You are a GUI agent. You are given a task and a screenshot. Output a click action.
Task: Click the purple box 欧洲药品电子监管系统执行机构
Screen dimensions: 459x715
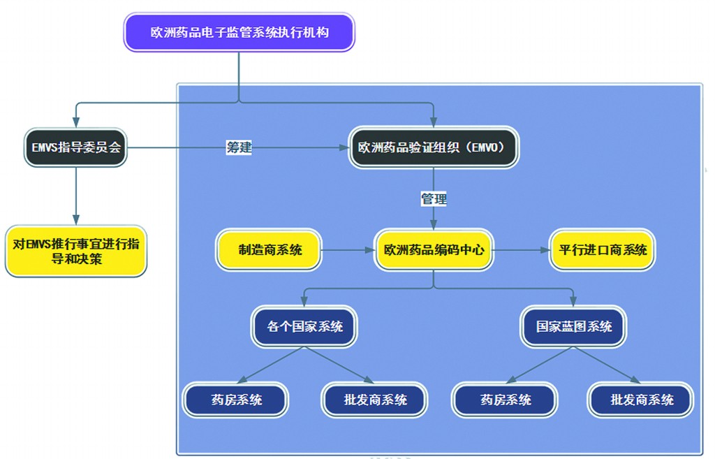239,33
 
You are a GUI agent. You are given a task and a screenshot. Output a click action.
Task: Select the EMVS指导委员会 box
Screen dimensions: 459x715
76,147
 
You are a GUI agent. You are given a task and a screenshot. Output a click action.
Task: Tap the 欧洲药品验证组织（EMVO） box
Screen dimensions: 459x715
434,147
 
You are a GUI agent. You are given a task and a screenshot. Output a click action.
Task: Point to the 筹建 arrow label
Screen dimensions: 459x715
239,147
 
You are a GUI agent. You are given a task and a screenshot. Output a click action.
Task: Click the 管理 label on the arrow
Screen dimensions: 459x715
434,199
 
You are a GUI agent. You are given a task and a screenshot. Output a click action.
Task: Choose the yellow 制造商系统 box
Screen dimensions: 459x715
270,249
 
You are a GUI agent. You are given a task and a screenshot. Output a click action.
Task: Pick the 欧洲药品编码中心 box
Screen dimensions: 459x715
434,249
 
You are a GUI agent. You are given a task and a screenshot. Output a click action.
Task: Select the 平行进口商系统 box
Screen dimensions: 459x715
603,249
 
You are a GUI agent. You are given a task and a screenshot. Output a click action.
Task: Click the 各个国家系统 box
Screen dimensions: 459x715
305,326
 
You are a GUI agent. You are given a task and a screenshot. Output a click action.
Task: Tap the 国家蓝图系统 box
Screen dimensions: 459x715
574,326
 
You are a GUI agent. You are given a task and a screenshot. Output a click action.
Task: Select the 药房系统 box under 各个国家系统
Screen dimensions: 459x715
237,400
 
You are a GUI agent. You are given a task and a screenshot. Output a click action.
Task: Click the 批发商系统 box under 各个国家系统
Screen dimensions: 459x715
375,400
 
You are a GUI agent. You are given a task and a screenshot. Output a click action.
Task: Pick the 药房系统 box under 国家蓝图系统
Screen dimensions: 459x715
506,400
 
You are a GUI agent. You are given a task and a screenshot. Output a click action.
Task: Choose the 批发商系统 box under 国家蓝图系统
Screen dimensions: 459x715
642,400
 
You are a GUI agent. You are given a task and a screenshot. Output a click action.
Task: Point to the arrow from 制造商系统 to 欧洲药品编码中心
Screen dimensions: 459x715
348,249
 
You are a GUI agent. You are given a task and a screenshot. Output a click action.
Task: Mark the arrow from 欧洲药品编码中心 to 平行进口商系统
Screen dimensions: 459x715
521,249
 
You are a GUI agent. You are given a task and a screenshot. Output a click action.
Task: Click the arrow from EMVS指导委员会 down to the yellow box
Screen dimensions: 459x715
76,196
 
